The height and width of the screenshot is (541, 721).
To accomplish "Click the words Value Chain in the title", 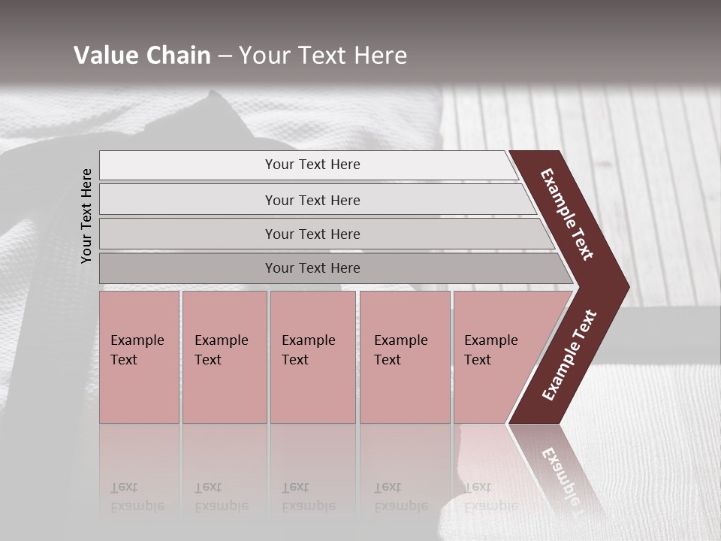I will tap(142, 56).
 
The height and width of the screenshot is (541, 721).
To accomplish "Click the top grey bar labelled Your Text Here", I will tap(312, 165).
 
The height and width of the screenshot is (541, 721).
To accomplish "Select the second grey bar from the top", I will tap(312, 200).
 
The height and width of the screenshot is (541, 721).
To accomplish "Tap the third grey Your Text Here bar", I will tap(312, 234).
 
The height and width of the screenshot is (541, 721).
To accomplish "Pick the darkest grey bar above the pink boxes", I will tap(312, 268).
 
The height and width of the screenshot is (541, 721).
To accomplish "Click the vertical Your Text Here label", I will tap(86, 216).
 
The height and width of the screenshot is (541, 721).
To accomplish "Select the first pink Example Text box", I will tap(139, 357).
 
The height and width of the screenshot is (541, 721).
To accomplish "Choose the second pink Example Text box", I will tap(224, 357).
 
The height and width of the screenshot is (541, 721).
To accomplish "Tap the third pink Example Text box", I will tap(312, 357).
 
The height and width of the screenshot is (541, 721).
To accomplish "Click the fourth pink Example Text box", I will tap(404, 357).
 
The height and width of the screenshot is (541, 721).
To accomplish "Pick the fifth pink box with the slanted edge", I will tap(496, 357).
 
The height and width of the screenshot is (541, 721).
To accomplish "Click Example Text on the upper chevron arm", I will tap(567, 214).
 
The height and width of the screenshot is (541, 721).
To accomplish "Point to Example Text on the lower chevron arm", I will tap(569, 355).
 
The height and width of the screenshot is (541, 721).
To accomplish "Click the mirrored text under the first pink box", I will tap(137, 497).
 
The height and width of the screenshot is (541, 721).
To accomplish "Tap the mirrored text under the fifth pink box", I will tap(490, 497).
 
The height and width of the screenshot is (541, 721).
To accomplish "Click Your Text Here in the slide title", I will tap(323, 56).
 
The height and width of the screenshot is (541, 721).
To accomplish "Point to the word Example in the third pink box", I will tap(308, 340).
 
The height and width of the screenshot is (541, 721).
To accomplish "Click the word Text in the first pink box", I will tap(124, 360).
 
